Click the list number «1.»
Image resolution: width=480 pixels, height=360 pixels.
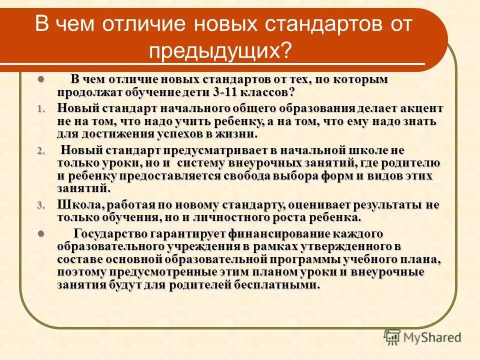41,108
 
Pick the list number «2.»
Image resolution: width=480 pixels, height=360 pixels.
41,151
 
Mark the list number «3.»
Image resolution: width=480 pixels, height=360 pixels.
41,205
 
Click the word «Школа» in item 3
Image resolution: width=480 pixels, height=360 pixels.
74,205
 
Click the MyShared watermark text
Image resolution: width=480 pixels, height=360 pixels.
432,337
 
